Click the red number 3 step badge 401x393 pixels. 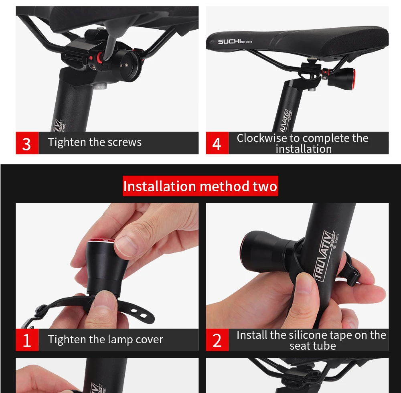click(x=27, y=143)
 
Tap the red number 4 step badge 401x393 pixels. click(x=217, y=143)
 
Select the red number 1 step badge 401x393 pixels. click(x=27, y=340)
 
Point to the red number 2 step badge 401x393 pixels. click(x=217, y=340)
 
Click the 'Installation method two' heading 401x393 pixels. click(x=200, y=186)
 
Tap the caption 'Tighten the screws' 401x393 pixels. click(x=95, y=142)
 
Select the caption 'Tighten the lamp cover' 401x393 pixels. click(x=105, y=340)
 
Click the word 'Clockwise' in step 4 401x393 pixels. click(x=262, y=138)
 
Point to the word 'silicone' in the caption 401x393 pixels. click(x=313, y=335)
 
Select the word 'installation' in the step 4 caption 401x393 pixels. click(x=304, y=149)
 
